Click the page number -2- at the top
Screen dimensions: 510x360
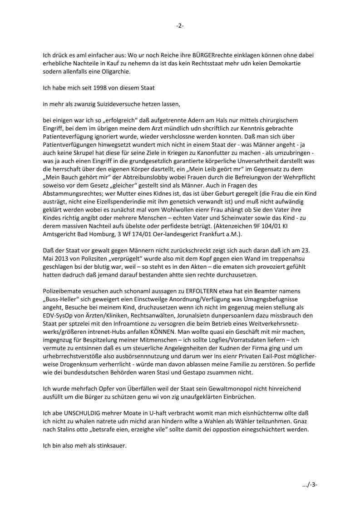180,26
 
